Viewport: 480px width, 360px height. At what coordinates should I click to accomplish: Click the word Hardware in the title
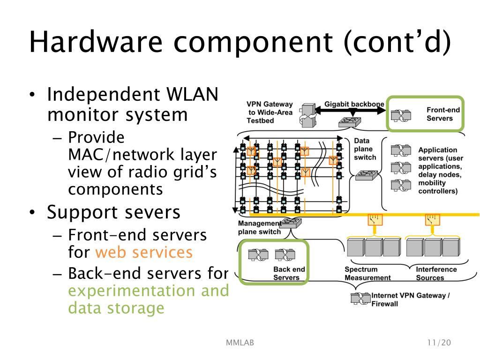tap(96, 41)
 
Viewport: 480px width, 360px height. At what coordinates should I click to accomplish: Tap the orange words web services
tap(144, 252)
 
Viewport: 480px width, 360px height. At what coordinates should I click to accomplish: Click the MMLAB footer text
tap(240, 343)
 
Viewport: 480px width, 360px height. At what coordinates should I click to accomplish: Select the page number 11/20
tap(439, 343)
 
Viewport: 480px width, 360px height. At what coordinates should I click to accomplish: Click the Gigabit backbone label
tap(354, 104)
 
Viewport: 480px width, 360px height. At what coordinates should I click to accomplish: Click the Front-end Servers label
tap(442, 114)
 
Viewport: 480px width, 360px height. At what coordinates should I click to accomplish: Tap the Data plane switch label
tap(365, 149)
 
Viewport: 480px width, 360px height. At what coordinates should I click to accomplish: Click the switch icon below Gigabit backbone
tap(350, 122)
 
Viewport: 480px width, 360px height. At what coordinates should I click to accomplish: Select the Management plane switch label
tap(260, 227)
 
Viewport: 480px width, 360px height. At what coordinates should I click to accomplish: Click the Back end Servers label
tap(289, 273)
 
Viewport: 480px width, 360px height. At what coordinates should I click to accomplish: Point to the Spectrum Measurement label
tap(367, 273)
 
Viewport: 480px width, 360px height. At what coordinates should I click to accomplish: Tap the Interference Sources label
tap(436, 273)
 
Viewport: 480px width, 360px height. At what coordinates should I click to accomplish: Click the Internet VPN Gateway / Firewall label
tap(410, 300)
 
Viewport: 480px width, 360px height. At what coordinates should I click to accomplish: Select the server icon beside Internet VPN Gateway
tap(360, 299)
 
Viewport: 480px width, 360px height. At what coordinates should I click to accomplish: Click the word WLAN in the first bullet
tap(192, 94)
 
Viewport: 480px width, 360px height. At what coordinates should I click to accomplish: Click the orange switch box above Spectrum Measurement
tap(375, 219)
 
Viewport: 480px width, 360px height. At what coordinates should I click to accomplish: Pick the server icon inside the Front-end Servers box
tap(401, 115)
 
